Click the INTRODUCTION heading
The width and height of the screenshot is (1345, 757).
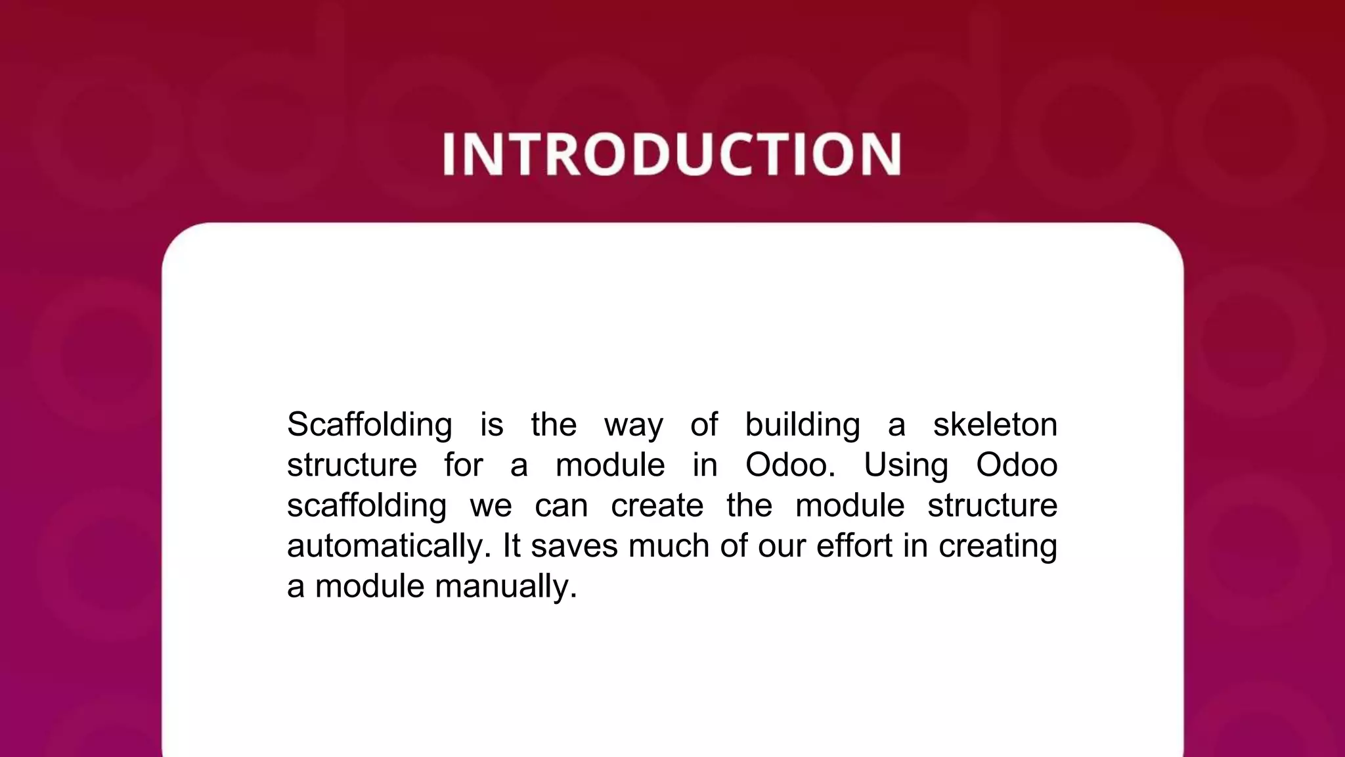[672, 154]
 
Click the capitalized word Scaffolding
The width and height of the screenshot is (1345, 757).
[369, 424]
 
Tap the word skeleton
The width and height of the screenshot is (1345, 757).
[995, 424]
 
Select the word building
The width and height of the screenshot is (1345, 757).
[802, 424]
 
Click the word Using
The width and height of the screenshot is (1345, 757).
[906, 465]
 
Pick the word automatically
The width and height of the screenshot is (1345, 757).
[389, 546]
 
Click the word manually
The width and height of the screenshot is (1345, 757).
[506, 586]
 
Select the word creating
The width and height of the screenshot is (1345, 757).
[998, 546]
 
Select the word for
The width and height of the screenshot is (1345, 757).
[463, 465]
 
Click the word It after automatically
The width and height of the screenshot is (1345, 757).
[512, 546]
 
